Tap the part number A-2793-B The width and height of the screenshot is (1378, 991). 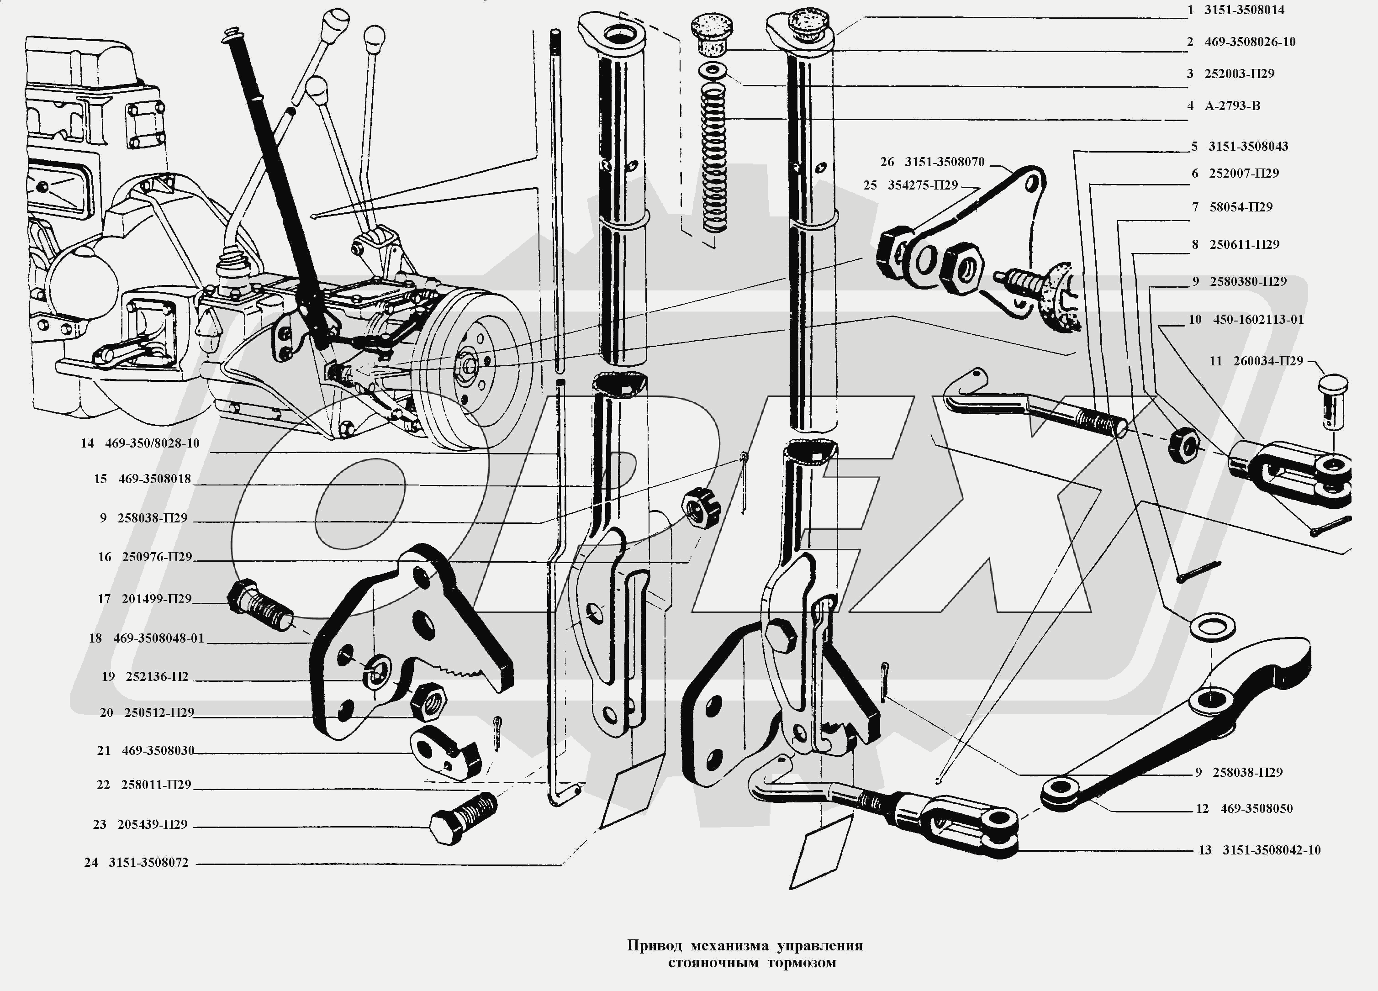tap(1232, 106)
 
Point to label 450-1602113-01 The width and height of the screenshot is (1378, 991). tap(1258, 320)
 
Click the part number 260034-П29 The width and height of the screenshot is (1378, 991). tap(1268, 361)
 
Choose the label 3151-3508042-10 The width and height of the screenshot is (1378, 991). tap(1271, 850)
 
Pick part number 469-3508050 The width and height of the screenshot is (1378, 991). tap(1257, 809)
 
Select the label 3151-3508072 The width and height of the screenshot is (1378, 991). tap(148, 863)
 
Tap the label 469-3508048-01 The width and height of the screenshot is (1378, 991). tap(158, 638)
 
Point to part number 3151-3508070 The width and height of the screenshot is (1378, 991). tap(944, 162)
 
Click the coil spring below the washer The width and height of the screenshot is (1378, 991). tap(714, 158)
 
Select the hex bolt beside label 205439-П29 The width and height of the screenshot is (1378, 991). tap(464, 817)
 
